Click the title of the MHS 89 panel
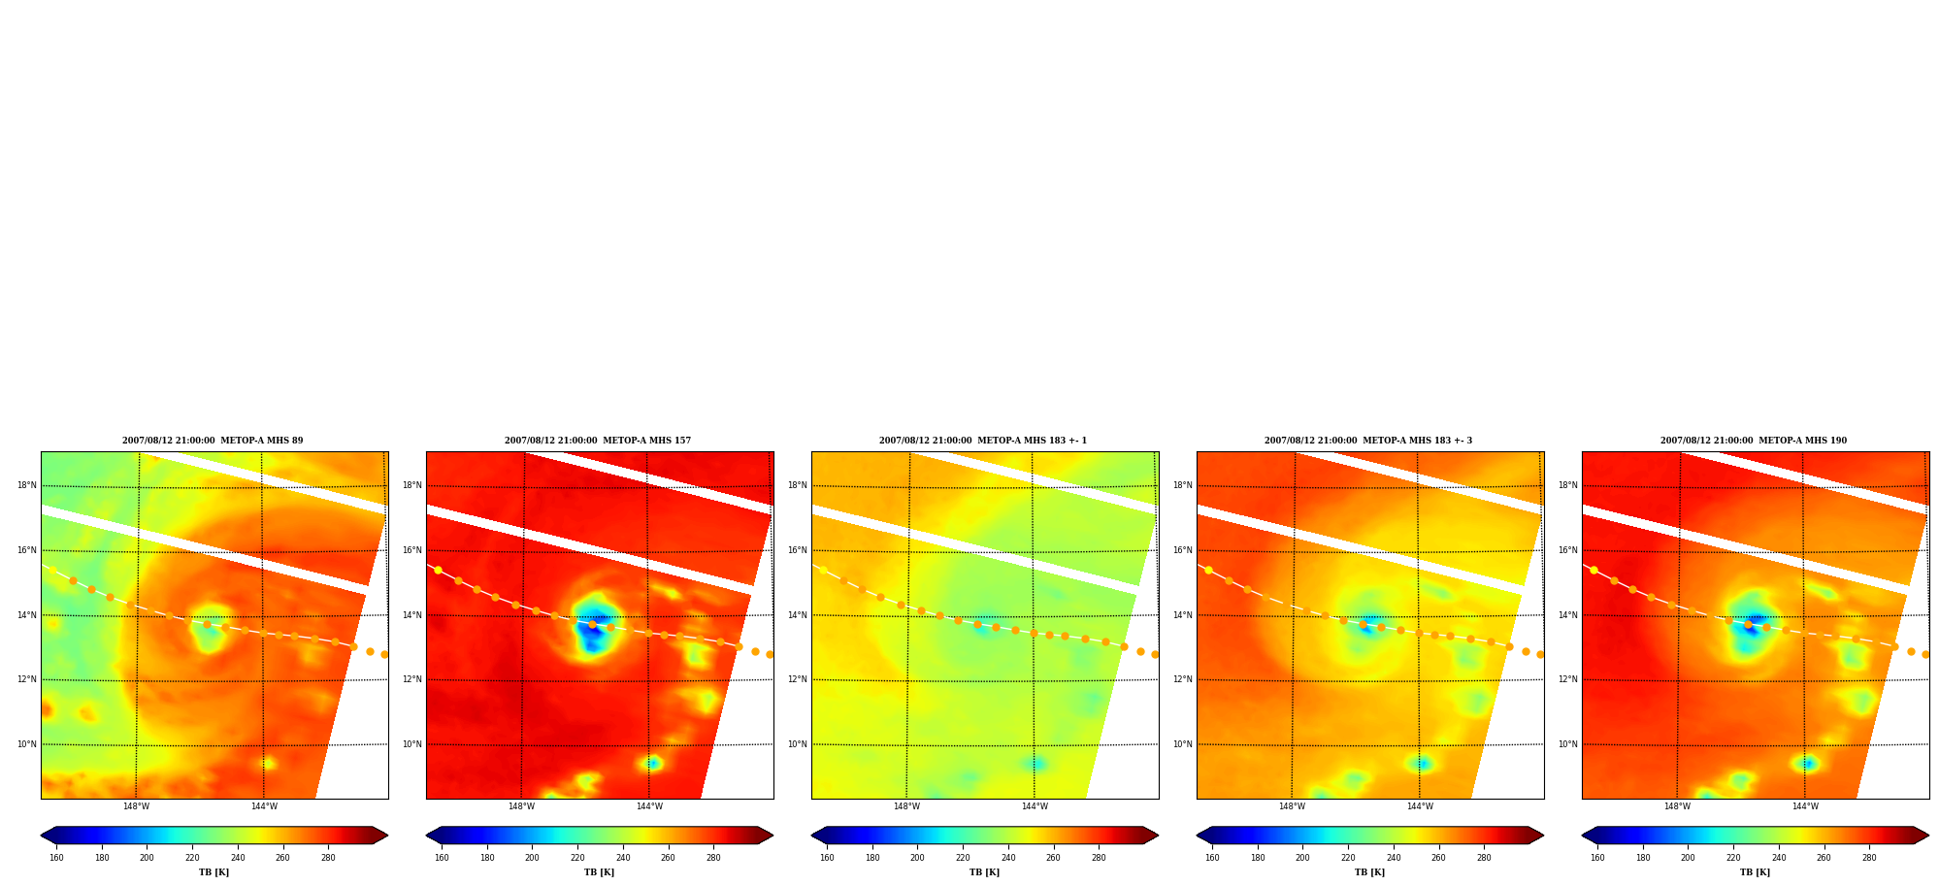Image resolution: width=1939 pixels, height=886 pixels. [213, 441]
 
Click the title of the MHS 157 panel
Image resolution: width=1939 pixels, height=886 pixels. [598, 441]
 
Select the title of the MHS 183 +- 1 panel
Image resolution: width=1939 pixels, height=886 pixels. [983, 441]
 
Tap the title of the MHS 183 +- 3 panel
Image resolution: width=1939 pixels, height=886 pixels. [1368, 441]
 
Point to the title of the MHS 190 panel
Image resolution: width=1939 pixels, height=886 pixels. [1754, 441]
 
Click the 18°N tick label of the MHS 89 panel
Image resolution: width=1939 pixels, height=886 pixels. [27, 485]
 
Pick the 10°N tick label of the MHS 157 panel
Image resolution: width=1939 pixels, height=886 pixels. [412, 744]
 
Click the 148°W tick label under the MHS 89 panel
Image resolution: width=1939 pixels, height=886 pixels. [136, 806]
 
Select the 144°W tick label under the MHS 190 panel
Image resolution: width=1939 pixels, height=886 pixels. [1805, 806]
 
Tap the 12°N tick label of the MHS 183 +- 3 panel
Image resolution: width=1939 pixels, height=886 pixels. [1183, 679]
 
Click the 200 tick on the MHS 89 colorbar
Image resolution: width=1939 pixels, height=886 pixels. [147, 858]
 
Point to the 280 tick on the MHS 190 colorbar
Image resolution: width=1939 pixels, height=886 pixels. [1869, 858]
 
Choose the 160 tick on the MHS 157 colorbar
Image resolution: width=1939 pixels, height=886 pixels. [442, 858]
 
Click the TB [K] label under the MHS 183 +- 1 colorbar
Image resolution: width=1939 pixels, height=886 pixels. [984, 872]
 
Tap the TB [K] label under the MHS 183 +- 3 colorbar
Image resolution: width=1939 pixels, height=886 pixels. [1369, 872]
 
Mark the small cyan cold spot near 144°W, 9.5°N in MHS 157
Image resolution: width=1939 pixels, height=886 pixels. [653, 763]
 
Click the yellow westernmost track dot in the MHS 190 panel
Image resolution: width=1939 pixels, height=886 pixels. [1594, 570]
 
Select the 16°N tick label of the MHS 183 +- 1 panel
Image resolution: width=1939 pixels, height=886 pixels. [798, 550]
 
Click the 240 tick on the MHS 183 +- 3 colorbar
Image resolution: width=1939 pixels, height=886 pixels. [1394, 858]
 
